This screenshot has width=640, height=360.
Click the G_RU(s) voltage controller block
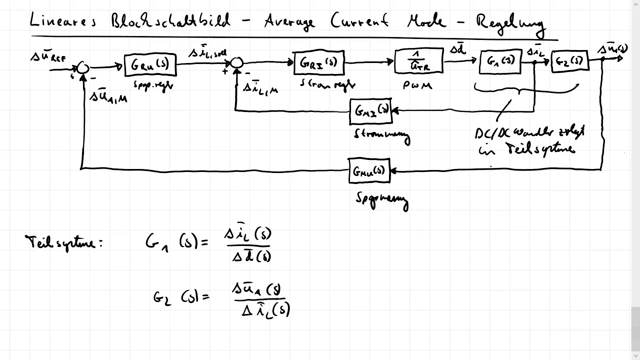point(150,65)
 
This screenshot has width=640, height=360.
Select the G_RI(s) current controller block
point(319,63)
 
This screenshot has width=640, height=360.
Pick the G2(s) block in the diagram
point(570,61)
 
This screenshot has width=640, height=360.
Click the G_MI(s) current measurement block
point(370,111)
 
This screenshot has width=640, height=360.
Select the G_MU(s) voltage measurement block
point(369,171)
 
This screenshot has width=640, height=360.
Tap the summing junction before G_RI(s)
point(236,62)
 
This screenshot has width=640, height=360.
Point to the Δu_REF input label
point(48,57)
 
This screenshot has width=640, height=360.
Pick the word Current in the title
point(360,21)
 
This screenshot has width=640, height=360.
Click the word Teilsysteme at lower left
point(63,243)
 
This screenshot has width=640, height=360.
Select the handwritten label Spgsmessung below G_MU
point(382,199)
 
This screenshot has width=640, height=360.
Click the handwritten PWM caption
point(417,85)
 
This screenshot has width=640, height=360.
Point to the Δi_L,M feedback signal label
point(260,88)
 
